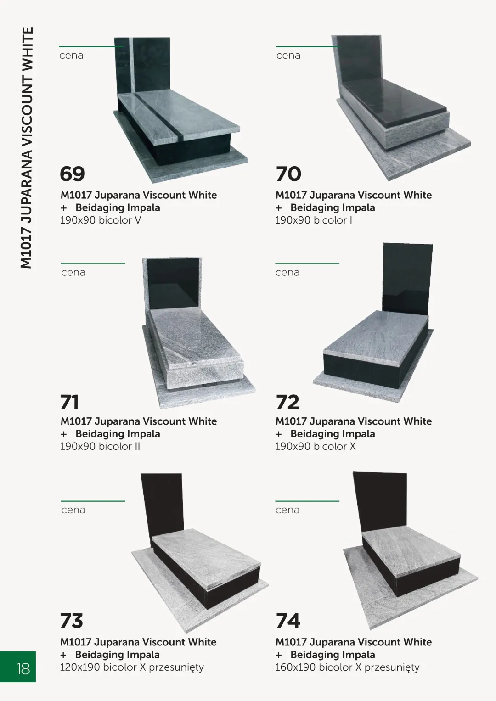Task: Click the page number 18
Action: [x=23, y=669]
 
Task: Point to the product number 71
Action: [x=69, y=402]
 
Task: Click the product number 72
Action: [x=287, y=402]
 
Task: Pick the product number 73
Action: [x=72, y=621]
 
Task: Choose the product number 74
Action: [x=288, y=621]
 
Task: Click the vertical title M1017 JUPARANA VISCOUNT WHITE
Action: [x=26, y=148]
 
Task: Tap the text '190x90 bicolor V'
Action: [x=101, y=220]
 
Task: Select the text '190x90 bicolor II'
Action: [x=100, y=446]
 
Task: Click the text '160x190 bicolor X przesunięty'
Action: [x=347, y=668]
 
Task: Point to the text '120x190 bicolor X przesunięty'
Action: [x=132, y=668]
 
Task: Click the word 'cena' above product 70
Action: [x=288, y=56]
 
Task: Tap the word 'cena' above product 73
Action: [x=73, y=510]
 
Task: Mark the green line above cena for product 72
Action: [x=307, y=264]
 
